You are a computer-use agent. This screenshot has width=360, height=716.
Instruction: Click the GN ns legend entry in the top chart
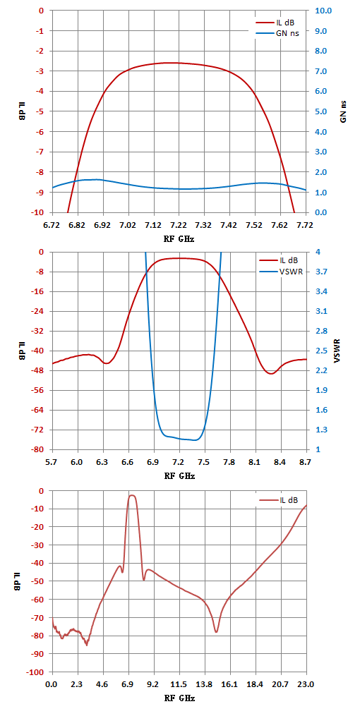(x=277, y=33)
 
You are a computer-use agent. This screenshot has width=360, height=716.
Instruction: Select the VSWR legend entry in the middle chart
(x=279, y=272)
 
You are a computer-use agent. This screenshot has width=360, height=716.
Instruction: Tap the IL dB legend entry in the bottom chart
(x=278, y=500)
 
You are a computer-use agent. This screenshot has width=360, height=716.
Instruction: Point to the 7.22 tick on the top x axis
(x=179, y=224)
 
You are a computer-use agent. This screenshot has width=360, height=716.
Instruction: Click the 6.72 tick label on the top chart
(x=53, y=224)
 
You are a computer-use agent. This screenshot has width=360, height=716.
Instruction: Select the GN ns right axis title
(x=344, y=111)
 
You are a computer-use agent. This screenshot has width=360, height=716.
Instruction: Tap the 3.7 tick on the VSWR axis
(x=317, y=272)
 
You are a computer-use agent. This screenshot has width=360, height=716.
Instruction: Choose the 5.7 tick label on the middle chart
(x=53, y=463)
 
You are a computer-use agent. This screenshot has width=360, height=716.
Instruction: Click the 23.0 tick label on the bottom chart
(x=306, y=685)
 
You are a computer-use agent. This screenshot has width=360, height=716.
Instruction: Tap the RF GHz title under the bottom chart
(x=179, y=698)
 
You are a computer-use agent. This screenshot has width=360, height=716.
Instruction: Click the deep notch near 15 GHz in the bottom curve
(x=216, y=632)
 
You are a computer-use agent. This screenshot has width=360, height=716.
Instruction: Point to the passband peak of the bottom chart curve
(x=131, y=495)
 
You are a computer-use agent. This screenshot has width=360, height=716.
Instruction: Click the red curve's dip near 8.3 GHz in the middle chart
(x=271, y=374)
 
